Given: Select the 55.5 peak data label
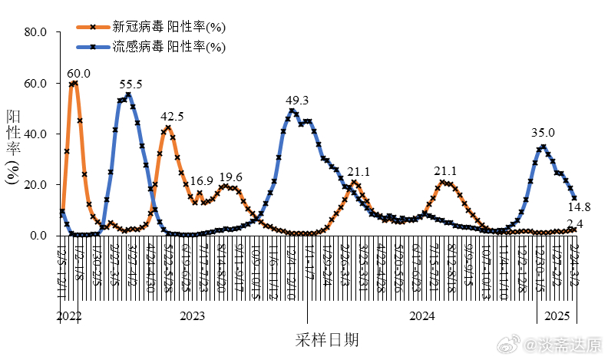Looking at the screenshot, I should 131,84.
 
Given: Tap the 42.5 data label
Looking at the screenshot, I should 172,117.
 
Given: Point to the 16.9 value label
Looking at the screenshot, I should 202,182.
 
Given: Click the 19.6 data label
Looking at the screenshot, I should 230,177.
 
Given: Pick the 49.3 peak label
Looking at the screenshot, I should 297,101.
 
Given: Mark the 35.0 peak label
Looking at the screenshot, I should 543,133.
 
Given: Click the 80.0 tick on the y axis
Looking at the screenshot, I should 36,32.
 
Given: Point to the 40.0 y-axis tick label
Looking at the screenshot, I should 36,134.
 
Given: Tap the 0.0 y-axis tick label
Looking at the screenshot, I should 39,236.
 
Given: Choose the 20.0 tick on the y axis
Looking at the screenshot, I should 36,185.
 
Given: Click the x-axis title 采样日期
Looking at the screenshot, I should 325,339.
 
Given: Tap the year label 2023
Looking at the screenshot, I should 192,316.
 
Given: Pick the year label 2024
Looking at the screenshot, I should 421,316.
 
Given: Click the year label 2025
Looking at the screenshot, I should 557,316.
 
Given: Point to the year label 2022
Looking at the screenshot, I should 68,316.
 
